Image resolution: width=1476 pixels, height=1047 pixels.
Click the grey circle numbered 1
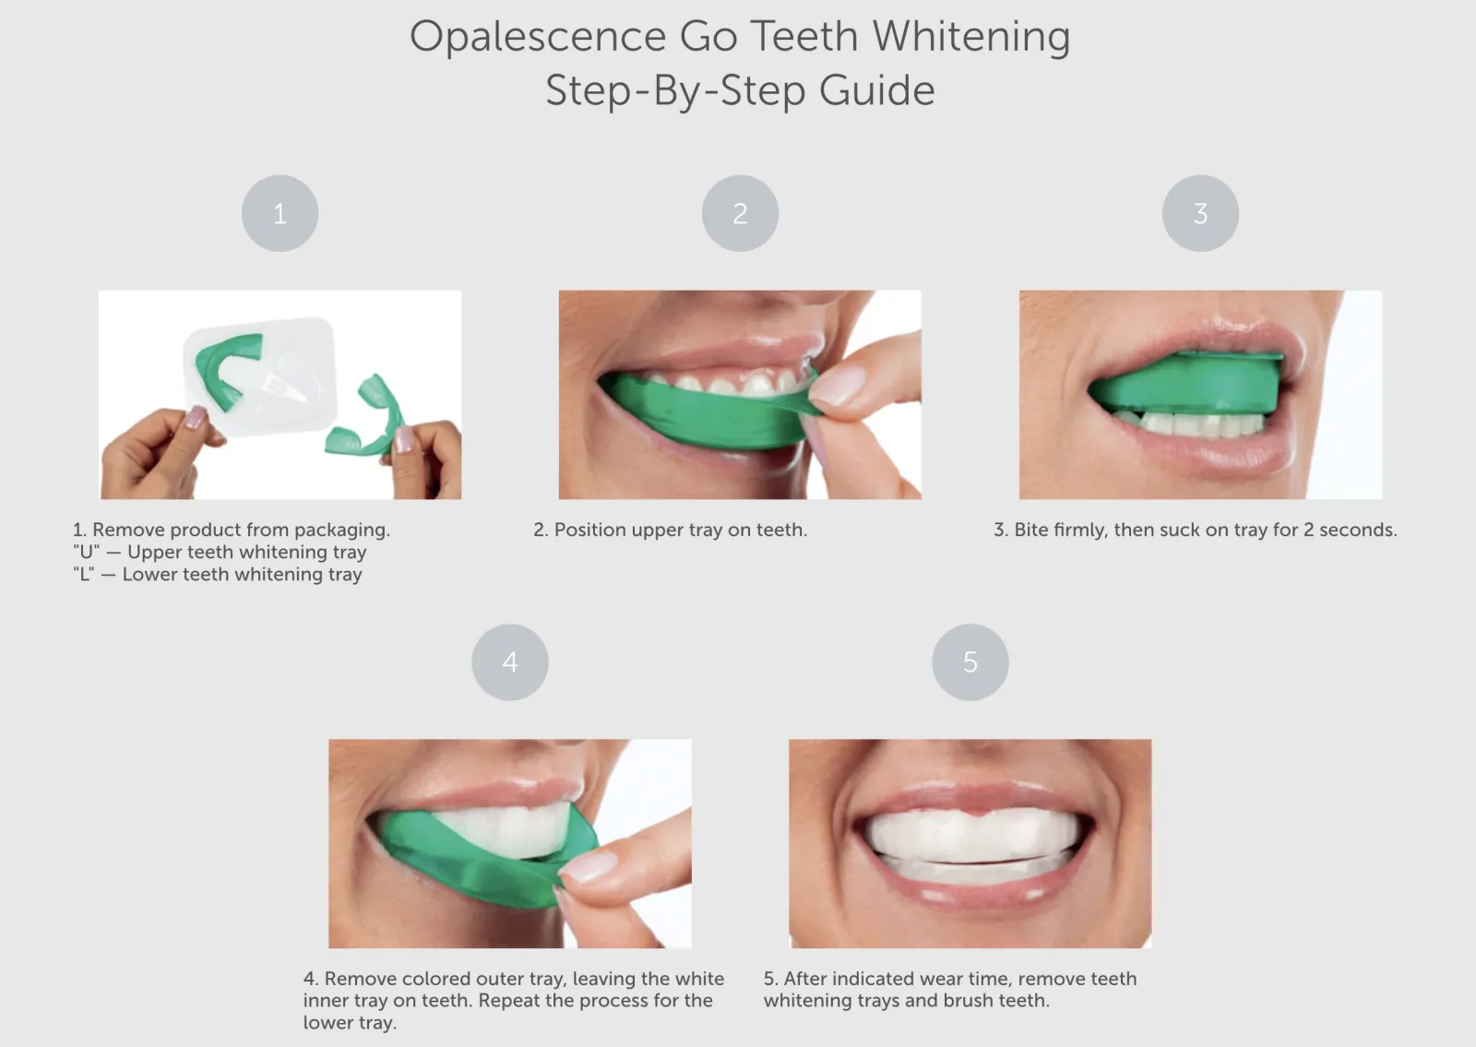[280, 213]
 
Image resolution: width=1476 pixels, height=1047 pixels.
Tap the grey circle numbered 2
[740, 213]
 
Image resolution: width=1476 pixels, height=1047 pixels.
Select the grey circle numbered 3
[1200, 213]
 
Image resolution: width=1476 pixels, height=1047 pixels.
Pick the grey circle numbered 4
[509, 661]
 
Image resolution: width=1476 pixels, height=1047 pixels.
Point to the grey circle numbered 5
[970, 661]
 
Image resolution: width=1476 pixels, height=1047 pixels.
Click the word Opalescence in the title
[537, 37]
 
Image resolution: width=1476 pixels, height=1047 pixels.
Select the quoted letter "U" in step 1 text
[85, 552]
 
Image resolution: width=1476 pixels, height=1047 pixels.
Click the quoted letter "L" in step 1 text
[83, 574]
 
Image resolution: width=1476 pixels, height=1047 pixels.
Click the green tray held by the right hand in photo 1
[369, 420]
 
